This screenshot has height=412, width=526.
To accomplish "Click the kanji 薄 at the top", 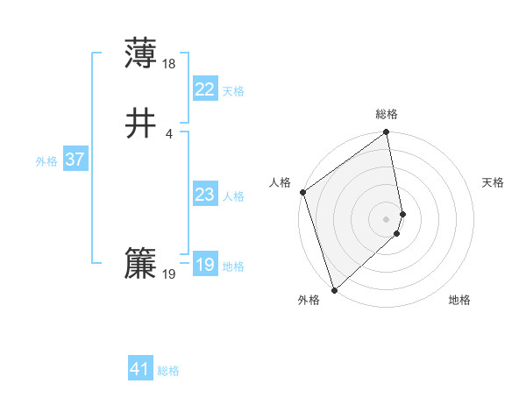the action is pyautogui.click(x=140, y=53).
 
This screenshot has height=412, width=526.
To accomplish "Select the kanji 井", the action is pyautogui.click(x=140, y=124).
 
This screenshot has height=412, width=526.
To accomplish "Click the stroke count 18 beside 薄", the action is pyautogui.click(x=169, y=63).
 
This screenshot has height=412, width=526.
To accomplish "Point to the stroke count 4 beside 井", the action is pyautogui.click(x=169, y=133).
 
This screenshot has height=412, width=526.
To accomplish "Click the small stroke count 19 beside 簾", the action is pyautogui.click(x=169, y=274).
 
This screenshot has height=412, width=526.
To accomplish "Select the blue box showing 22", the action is pyautogui.click(x=204, y=89).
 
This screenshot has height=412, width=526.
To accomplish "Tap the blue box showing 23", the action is pyautogui.click(x=204, y=195).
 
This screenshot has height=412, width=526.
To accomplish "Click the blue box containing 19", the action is pyautogui.click(x=204, y=265).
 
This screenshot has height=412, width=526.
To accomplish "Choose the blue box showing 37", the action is pyautogui.click(x=75, y=160).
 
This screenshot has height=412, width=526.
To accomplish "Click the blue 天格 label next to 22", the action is pyautogui.click(x=233, y=91).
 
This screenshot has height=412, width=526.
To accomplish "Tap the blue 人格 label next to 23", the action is pyautogui.click(x=233, y=196).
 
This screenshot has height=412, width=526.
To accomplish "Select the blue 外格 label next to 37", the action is pyautogui.click(x=46, y=161).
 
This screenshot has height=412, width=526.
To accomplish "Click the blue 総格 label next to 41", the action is pyautogui.click(x=168, y=371).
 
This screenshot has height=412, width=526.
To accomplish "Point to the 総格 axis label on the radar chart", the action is pyautogui.click(x=387, y=114).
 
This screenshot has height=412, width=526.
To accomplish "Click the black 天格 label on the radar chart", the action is pyautogui.click(x=494, y=182).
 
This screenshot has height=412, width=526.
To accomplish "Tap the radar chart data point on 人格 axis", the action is pyautogui.click(x=302, y=192).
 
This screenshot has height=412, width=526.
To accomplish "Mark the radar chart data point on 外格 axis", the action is pyautogui.click(x=333, y=290).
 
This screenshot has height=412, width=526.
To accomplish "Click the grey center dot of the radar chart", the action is pyautogui.click(x=387, y=218).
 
